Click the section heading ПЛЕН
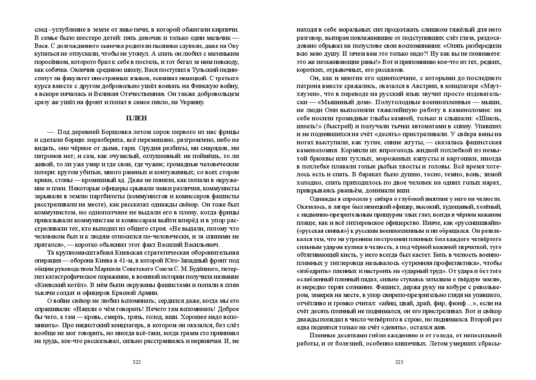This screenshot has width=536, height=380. (137, 118)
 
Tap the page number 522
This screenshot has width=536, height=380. (137, 362)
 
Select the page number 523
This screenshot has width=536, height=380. (399, 362)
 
